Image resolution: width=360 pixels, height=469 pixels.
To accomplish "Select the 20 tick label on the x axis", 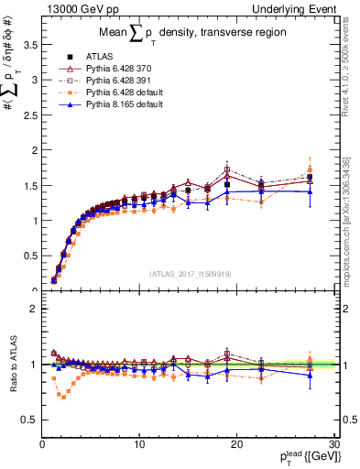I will point(236,444).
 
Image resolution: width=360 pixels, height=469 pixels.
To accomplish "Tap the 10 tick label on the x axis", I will point(139,444).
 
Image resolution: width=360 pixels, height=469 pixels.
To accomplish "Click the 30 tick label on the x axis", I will point(333,444).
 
